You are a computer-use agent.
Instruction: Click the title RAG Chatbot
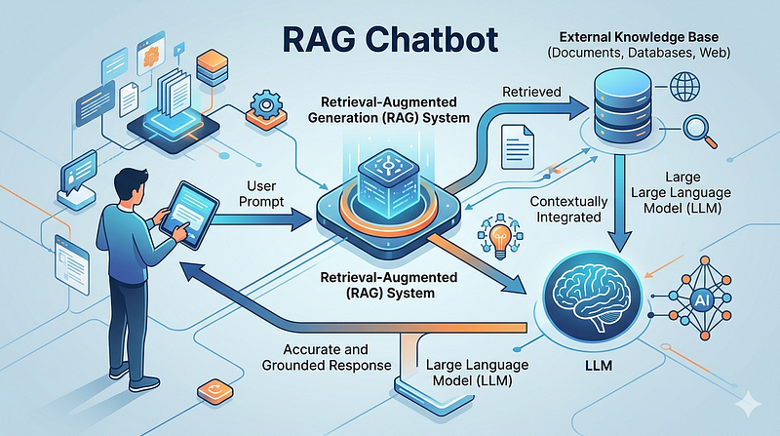coord(390,40)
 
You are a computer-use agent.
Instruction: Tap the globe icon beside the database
coord(685,86)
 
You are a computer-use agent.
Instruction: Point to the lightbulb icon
coord(500,236)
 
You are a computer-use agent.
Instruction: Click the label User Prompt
coord(261,193)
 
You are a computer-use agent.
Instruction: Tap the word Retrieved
coord(531,92)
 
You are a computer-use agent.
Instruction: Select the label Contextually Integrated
coord(568,209)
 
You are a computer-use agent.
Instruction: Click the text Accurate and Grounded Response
coord(327,357)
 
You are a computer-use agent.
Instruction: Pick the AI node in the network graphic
coord(701,299)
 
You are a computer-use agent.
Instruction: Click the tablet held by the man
coord(189,215)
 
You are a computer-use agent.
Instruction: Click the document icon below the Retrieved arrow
coord(518,147)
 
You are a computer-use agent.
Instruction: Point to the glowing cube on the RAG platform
coord(387,178)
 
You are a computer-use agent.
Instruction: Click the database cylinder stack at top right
coord(622,105)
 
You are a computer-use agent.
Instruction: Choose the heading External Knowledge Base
coord(639,37)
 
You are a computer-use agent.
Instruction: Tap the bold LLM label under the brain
coord(599,366)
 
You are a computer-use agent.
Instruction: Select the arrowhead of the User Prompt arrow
coord(301,219)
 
